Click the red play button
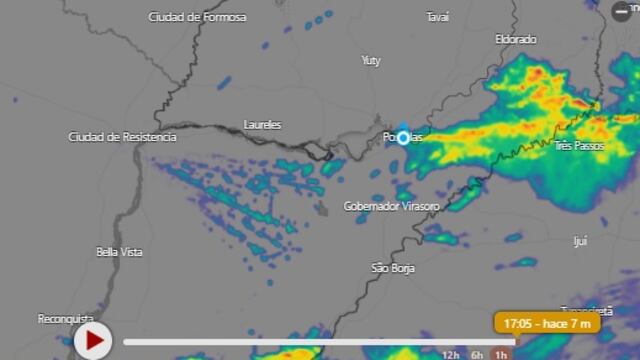tap(93, 341)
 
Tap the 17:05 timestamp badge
tap(547, 323)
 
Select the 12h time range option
tap(452, 354)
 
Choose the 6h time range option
tap(478, 354)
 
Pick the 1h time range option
tap(501, 354)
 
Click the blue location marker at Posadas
tap(403, 137)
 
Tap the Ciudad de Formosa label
tap(190, 17)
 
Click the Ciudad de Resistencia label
tap(122, 136)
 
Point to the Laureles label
tap(262, 125)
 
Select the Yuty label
tap(371, 61)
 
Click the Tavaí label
tap(437, 17)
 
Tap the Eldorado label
tap(516, 39)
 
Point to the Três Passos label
tap(579, 146)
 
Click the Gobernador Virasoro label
tap(391, 206)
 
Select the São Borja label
tap(393, 268)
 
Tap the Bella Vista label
tap(119, 252)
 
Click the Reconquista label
tap(66, 318)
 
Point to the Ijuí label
tap(580, 241)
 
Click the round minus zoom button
tap(621, 11)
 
